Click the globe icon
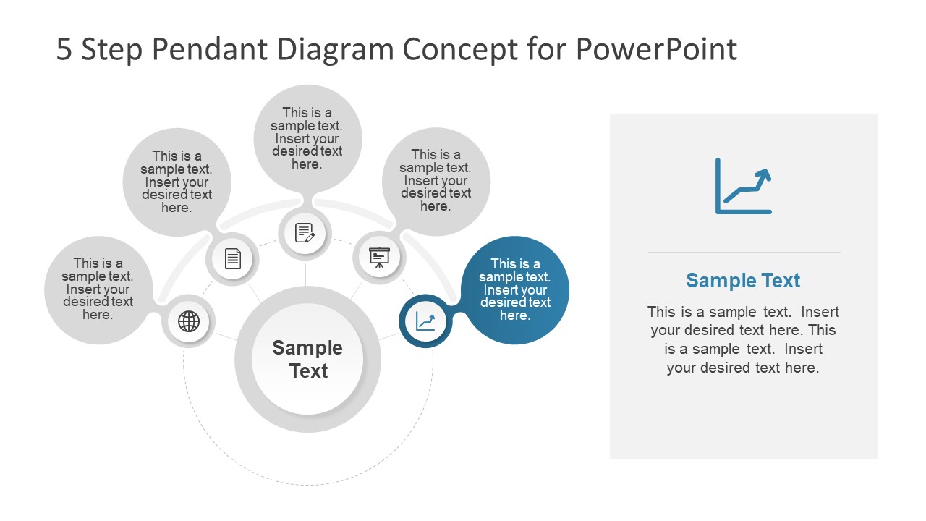tap(189, 321)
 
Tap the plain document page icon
tap(232, 258)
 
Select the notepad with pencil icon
tap(305, 233)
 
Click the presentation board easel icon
tap(379, 257)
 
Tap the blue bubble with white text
tap(515, 289)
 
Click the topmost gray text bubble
tap(307, 138)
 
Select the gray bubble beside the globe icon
tap(98, 289)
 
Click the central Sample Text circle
tap(308, 359)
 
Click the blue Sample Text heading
tap(743, 281)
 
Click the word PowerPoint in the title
tap(656, 50)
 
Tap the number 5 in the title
tap(64, 50)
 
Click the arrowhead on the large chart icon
tap(763, 174)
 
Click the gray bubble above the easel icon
tap(436, 180)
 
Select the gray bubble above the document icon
tap(177, 182)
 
